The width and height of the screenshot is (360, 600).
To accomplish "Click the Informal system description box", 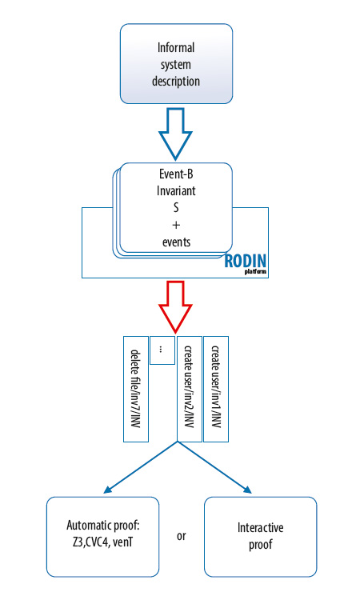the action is tap(176, 63).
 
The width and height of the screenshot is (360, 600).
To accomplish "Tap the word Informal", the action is tap(176, 47).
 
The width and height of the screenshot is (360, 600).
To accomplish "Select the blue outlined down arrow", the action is tap(176, 134).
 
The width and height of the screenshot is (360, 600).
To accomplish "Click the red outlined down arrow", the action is tap(176, 307).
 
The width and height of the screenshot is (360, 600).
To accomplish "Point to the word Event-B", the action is tap(176, 174).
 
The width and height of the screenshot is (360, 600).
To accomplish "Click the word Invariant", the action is tap(176, 190).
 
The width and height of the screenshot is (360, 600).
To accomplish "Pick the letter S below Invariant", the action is tap(176, 207).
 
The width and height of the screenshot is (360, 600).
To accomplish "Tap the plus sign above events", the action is tap(176, 225).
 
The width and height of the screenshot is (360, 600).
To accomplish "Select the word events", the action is tap(176, 242).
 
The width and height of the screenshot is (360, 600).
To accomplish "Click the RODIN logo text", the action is tap(246, 262).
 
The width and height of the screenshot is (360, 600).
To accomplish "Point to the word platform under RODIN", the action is tap(255, 272).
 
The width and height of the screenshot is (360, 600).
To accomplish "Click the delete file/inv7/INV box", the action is tap(136, 389).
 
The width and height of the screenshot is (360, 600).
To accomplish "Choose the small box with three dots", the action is tap(162, 350).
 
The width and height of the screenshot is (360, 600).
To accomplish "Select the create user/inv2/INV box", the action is tap(189, 389).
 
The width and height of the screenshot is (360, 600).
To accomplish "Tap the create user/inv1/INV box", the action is tap(216, 389).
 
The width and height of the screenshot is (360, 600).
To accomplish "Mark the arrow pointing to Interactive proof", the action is tap(214, 467).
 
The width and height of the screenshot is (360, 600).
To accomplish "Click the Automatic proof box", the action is tap(102, 537).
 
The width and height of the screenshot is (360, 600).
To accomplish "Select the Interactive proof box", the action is tap(261, 537).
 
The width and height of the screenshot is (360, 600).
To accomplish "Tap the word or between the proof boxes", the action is tap(182, 536).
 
